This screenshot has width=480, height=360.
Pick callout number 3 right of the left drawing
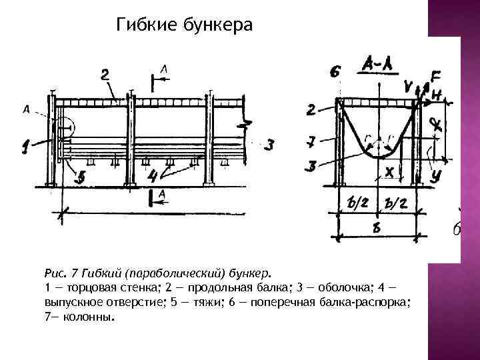pyautogui.click(x=268, y=144)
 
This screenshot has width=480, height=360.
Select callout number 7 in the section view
pyautogui.click(x=311, y=141)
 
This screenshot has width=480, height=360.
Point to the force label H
pyautogui.click(x=437, y=97)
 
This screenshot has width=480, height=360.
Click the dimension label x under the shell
pyautogui.click(x=389, y=172)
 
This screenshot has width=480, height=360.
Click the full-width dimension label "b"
pyautogui.click(x=377, y=227)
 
